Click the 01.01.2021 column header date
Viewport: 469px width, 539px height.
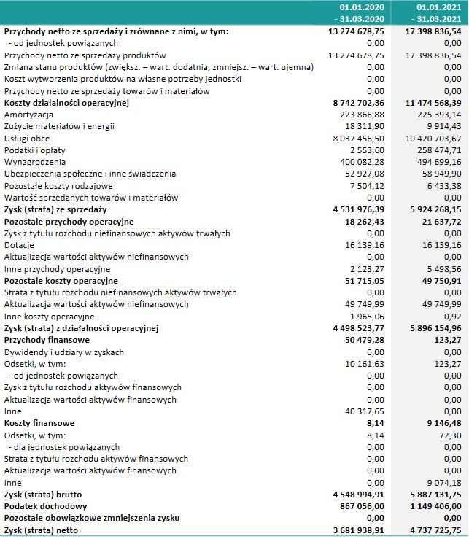pyautogui.click(x=438, y=7)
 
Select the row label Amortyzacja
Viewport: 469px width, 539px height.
pyautogui.click(x=28, y=115)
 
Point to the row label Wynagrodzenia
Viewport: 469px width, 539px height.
pyautogui.click(x=34, y=162)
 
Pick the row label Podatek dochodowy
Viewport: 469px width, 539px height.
pyautogui.click(x=46, y=505)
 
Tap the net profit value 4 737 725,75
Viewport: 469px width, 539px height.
pyautogui.click(x=433, y=530)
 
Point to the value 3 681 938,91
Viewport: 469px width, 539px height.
pyautogui.click(x=357, y=530)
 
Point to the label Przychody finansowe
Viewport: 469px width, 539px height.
pyautogui.click(x=47, y=340)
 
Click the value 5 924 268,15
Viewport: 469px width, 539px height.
pyautogui.click(x=433, y=209)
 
